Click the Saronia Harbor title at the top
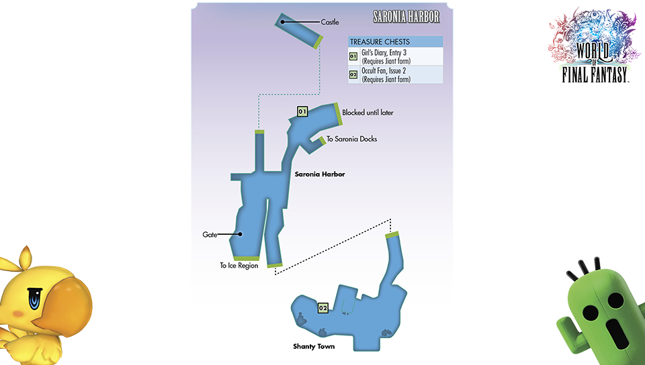coord(406,16)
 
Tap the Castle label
coord(330,23)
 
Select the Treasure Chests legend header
coord(380,42)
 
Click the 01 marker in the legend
coord(353,56)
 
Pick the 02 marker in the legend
coord(353,74)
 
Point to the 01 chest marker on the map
coord(302,111)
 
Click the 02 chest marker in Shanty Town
coord(322,308)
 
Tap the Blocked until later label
coord(368,113)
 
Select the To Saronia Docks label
coord(351,140)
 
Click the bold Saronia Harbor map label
coord(320,174)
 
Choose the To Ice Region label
coord(239,266)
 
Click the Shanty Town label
coord(314,347)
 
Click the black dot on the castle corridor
coord(284,22)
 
